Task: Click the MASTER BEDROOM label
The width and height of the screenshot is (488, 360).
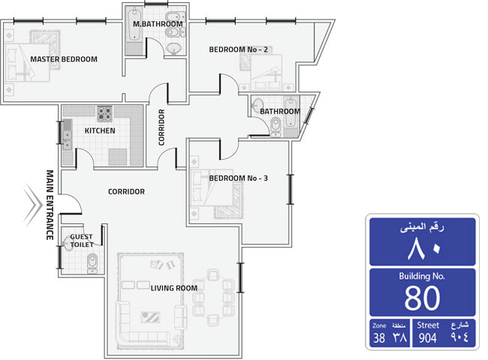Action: click(64, 59)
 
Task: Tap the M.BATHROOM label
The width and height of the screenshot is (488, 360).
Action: click(158, 24)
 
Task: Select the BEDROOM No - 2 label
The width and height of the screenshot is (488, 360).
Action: click(239, 49)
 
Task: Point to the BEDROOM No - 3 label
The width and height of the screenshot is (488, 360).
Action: click(239, 178)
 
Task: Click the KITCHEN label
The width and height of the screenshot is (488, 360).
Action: click(100, 130)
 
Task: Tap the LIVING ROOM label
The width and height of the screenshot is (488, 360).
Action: click(174, 288)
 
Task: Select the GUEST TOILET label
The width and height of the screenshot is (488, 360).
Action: click(82, 241)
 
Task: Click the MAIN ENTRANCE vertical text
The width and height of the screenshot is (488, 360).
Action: click(50, 205)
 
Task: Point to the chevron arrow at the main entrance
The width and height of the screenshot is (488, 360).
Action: click(33, 205)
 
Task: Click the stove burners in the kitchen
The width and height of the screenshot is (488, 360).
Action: click(104, 114)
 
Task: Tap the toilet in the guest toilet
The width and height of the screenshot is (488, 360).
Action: click(92, 263)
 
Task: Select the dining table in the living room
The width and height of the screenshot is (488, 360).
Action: click(213, 298)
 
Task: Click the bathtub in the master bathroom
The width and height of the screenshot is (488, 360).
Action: click(134, 25)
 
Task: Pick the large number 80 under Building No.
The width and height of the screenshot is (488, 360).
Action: click(423, 298)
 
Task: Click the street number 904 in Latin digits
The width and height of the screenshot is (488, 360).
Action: click(428, 337)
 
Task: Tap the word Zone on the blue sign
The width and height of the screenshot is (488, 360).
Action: click(379, 325)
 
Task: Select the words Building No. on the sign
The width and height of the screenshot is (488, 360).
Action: click(422, 276)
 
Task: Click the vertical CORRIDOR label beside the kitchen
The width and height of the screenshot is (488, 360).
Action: click(161, 127)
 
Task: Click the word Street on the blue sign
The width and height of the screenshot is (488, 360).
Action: click(428, 325)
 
